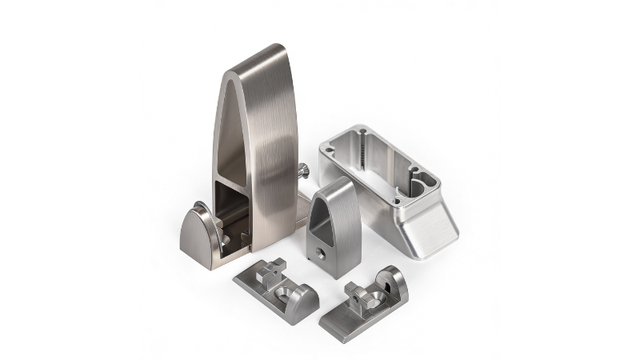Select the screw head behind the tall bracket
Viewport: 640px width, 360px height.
303,170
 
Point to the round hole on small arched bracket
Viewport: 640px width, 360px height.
318,254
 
